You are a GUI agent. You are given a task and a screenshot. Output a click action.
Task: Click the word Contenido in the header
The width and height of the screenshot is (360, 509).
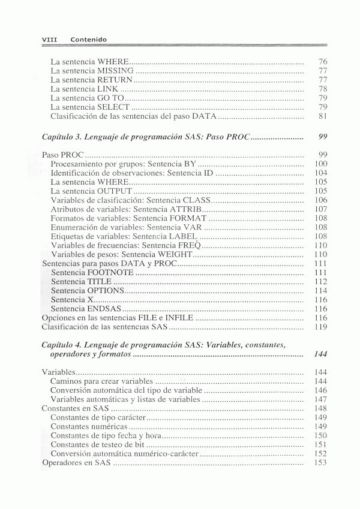coord(88,40)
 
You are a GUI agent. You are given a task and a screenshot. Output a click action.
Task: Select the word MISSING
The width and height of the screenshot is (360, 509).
coord(116,70)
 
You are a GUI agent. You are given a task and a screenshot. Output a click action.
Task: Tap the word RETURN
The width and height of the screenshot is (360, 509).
coord(114,79)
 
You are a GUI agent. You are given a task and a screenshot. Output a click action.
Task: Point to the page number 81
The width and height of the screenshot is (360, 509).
coord(322,116)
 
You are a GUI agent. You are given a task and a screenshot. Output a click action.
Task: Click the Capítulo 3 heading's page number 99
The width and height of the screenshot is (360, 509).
coord(322,137)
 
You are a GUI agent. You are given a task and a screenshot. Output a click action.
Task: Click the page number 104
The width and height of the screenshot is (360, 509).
coord(321,173)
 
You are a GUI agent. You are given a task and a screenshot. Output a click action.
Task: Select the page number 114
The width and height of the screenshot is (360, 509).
coord(321,291)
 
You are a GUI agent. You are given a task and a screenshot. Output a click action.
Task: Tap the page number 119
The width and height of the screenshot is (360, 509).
coord(321,327)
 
